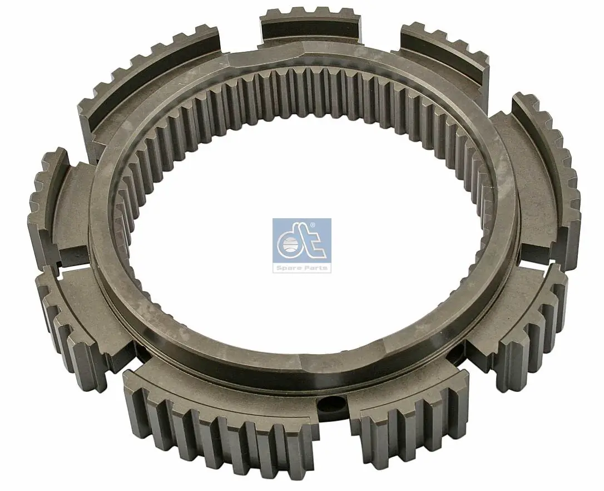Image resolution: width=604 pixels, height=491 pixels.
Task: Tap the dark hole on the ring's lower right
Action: click(x=458, y=351)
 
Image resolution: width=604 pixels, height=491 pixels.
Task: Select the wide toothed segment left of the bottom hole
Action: click(x=220, y=423)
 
